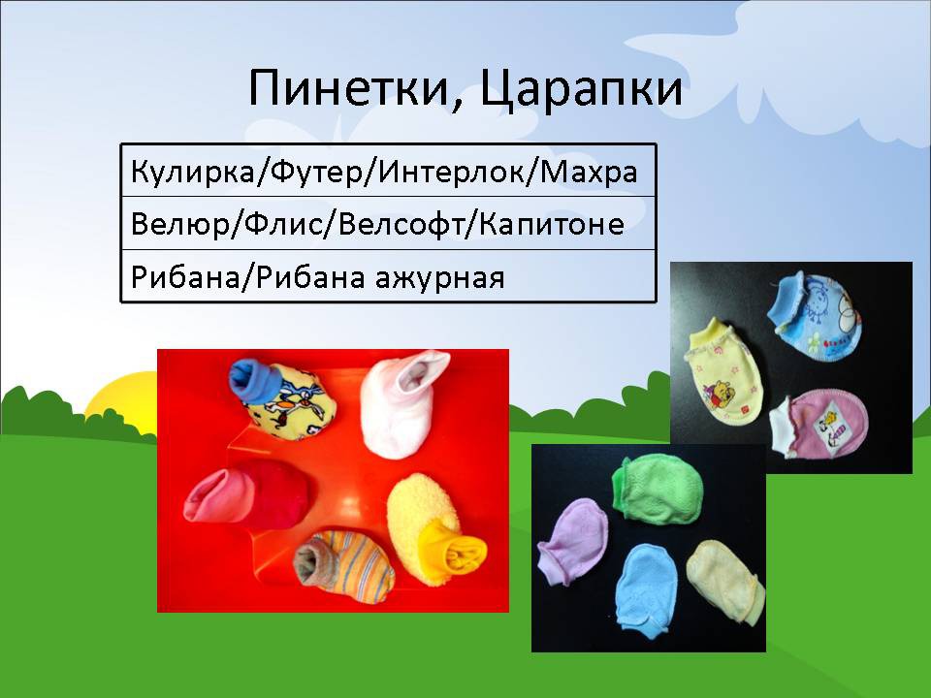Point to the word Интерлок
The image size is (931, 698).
[450, 173]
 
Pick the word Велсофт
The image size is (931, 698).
[401, 224]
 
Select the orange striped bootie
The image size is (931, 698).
[344, 566]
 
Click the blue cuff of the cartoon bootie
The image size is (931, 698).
[251, 380]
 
